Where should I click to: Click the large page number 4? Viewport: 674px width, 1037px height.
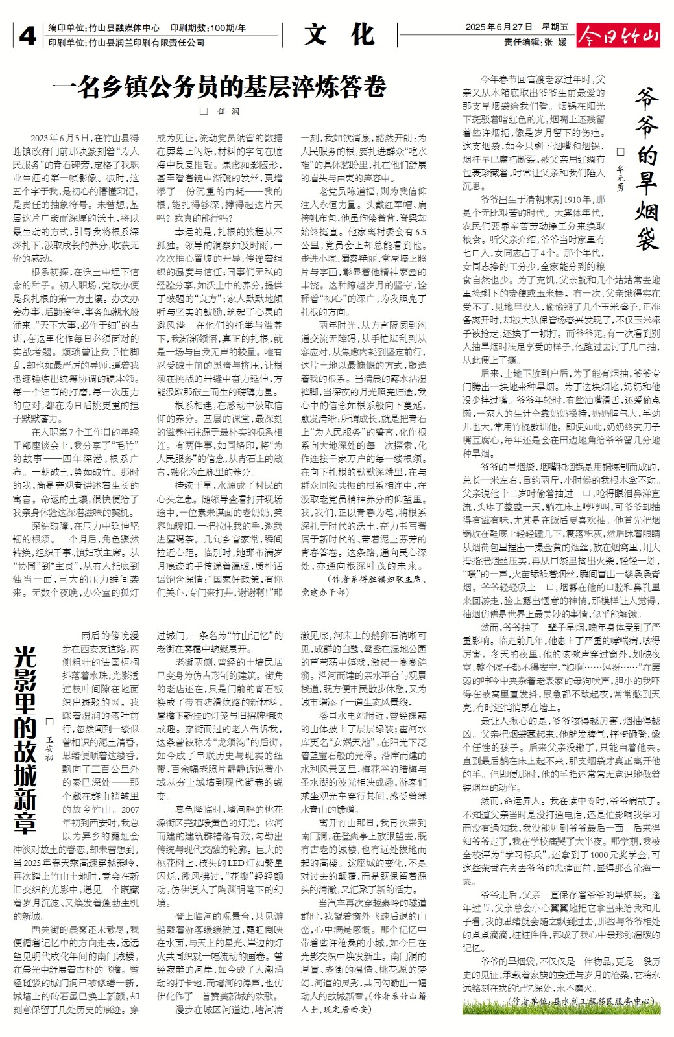pyautogui.click(x=27, y=36)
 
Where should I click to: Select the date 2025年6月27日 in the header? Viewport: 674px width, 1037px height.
pyautogui.click(x=499, y=27)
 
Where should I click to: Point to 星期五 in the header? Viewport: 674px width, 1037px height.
pyautogui.click(x=555, y=27)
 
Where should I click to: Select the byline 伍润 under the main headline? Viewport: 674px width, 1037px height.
pyautogui.click(x=228, y=111)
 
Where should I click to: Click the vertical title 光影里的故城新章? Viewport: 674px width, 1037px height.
pyautogui.click(x=25, y=739)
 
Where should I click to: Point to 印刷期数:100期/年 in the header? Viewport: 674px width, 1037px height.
pyautogui.click(x=208, y=28)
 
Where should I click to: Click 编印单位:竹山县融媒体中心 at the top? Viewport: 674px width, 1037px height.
pyautogui.click(x=104, y=28)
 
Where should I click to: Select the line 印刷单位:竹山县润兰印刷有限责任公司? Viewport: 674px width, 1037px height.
pyautogui.click(x=126, y=42)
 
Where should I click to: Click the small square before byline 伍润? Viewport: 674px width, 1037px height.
pyautogui.click(x=204, y=111)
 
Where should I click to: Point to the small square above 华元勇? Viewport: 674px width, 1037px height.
pyautogui.click(x=620, y=152)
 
